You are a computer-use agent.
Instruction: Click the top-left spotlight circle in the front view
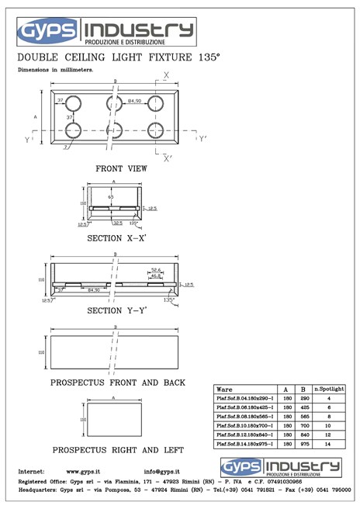pos(73,104)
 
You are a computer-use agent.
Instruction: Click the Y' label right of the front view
pos(202,140)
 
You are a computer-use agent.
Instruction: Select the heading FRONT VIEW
pos(121,168)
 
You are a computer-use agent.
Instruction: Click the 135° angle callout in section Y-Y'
pos(168,299)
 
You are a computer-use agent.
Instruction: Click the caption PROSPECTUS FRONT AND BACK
pos(117,383)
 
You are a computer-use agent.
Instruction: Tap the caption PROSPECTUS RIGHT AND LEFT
pos(118,450)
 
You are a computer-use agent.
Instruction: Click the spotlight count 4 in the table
pos(329,398)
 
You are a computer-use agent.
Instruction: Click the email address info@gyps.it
pos(162,472)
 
